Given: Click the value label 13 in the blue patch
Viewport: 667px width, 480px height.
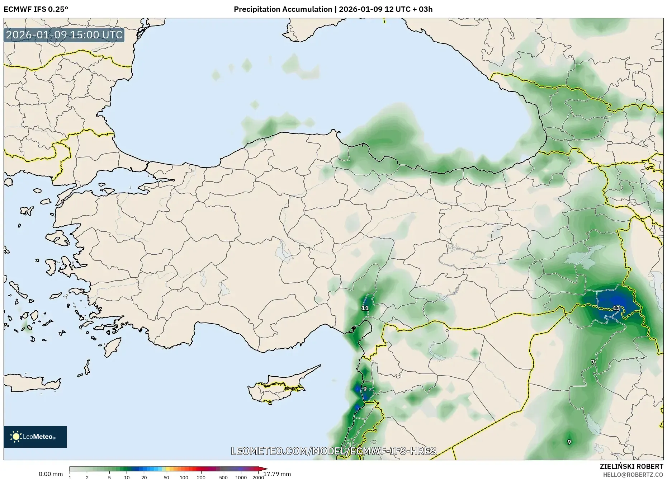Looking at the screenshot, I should coord(616,308).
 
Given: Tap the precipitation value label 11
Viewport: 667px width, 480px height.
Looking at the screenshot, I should coord(365,308).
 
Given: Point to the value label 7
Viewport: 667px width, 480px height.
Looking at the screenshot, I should coord(593,362).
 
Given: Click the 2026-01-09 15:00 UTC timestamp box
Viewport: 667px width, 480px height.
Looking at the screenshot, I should coord(64,35).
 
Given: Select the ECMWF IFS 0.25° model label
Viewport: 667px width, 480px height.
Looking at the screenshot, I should coord(36,9).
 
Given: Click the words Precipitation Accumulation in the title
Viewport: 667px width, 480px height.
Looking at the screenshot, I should coord(283,9).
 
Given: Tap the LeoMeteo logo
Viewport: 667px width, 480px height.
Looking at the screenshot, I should coord(35,437).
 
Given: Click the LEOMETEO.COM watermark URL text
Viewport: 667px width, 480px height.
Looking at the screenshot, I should coord(333,451).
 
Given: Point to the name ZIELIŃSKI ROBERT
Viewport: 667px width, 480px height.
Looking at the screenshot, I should coord(631,466).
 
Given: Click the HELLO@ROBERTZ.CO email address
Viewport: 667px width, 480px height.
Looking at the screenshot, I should coord(633,475).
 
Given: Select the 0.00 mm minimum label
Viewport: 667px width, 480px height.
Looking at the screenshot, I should coord(51,474).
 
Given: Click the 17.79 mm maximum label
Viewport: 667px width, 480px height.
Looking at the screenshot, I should coord(277,474).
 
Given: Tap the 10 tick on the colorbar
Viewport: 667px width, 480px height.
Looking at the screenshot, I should coord(127,477).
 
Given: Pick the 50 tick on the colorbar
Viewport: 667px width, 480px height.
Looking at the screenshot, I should coord(166,477).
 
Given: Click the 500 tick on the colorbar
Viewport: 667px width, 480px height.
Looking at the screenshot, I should coord(223,477).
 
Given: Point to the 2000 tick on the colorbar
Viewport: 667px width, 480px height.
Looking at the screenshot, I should coord(258,477).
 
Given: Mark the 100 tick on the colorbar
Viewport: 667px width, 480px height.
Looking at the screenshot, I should coord(184,477).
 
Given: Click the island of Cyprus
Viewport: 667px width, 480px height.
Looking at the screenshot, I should coord(276,387).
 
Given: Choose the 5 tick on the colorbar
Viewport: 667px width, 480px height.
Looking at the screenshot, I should coord(109,477).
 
